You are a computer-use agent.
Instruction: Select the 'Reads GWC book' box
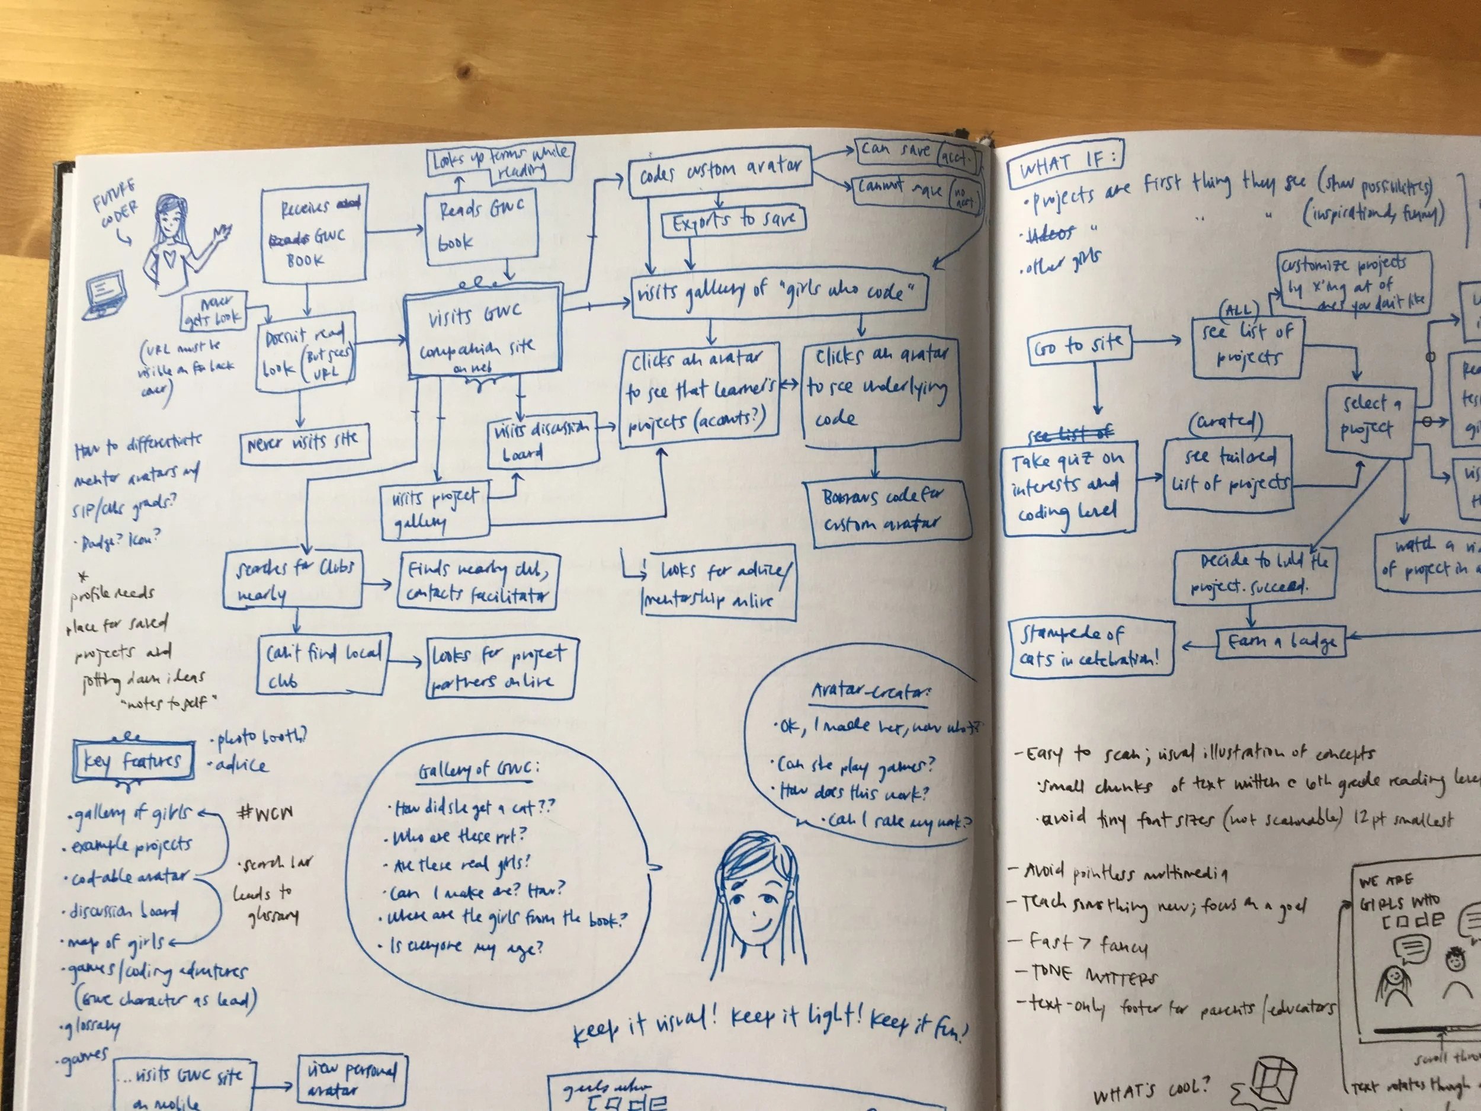[482, 226]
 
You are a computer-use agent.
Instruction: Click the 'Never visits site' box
[304, 443]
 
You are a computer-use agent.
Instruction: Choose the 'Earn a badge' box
[1280, 642]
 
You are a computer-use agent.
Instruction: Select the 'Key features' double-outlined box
[133, 761]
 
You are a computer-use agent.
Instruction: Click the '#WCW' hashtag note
[266, 813]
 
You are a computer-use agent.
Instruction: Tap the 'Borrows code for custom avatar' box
[884, 510]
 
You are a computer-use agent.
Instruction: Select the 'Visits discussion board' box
[542, 440]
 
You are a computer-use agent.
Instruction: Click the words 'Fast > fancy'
[1089, 944]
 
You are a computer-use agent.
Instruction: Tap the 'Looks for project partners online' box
[501, 668]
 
